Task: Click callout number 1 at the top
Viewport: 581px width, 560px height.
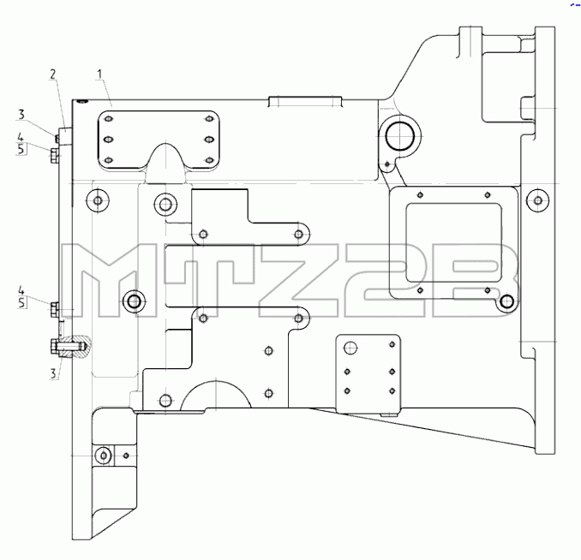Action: click(99, 74)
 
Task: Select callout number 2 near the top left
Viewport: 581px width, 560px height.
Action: click(53, 74)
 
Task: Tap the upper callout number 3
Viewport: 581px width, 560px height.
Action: click(21, 115)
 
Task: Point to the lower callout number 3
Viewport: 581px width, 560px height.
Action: click(53, 373)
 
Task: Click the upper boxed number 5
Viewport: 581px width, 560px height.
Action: click(21, 149)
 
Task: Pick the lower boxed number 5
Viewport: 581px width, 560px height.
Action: click(21, 302)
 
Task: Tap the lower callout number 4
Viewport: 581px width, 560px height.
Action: click(21, 290)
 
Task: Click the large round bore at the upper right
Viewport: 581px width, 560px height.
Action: click(399, 136)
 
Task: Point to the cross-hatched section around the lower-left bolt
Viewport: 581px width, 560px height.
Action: click(77, 347)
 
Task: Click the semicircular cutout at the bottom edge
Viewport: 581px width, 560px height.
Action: click(216, 394)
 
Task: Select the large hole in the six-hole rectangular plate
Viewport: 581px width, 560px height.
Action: click(350, 349)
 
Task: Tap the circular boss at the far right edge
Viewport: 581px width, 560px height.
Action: click(538, 200)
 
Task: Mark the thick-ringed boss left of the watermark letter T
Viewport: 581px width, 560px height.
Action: click(135, 301)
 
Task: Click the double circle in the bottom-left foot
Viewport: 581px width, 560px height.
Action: click(104, 456)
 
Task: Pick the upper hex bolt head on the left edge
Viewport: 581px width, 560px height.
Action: click(54, 156)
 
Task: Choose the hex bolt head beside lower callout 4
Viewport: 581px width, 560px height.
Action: click(54, 309)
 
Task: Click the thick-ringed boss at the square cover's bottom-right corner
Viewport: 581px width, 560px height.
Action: click(507, 301)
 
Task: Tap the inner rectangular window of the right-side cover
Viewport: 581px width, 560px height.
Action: click(454, 242)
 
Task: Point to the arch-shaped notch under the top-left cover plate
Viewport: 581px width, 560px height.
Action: click(166, 163)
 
